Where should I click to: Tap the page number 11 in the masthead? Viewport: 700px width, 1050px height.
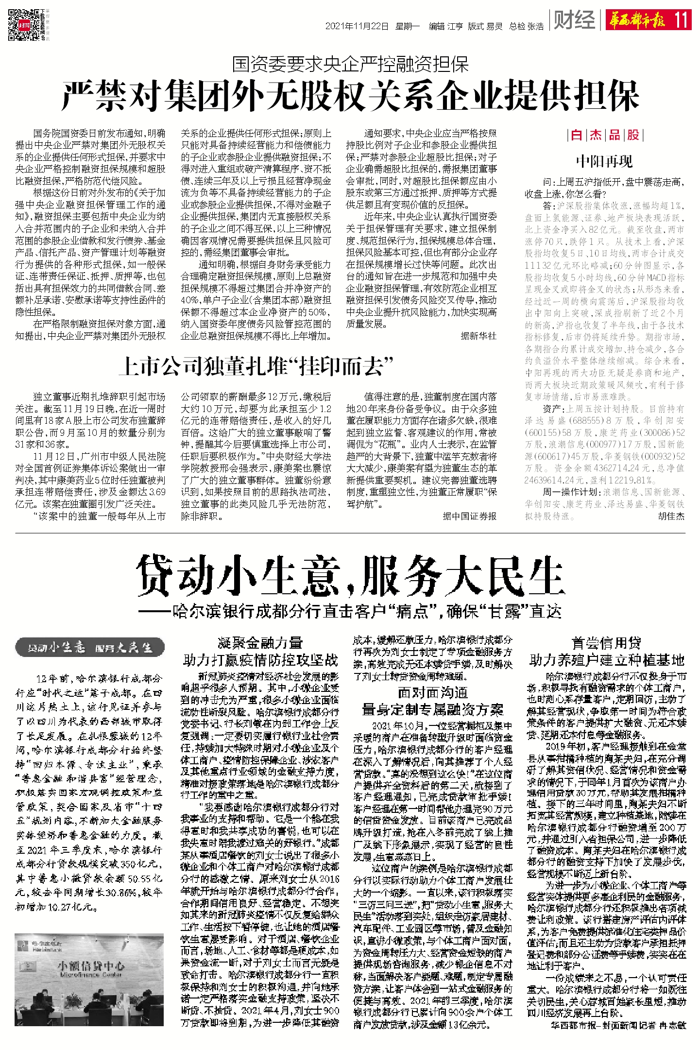[x=681, y=20]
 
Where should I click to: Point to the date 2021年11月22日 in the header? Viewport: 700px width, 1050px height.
[x=357, y=26]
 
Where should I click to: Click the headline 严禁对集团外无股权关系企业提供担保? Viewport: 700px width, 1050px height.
[x=350, y=96]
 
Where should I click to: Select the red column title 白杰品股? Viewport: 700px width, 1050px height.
[x=605, y=135]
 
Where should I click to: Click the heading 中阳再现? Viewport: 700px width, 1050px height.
[x=605, y=161]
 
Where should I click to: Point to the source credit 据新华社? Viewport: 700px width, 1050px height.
[x=478, y=336]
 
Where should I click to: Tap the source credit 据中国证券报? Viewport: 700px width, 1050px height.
[x=469, y=516]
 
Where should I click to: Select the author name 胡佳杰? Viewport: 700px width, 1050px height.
[x=671, y=516]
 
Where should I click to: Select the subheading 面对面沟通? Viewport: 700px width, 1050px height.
[x=432, y=692]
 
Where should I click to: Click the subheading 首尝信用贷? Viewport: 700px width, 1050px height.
[x=606, y=643]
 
